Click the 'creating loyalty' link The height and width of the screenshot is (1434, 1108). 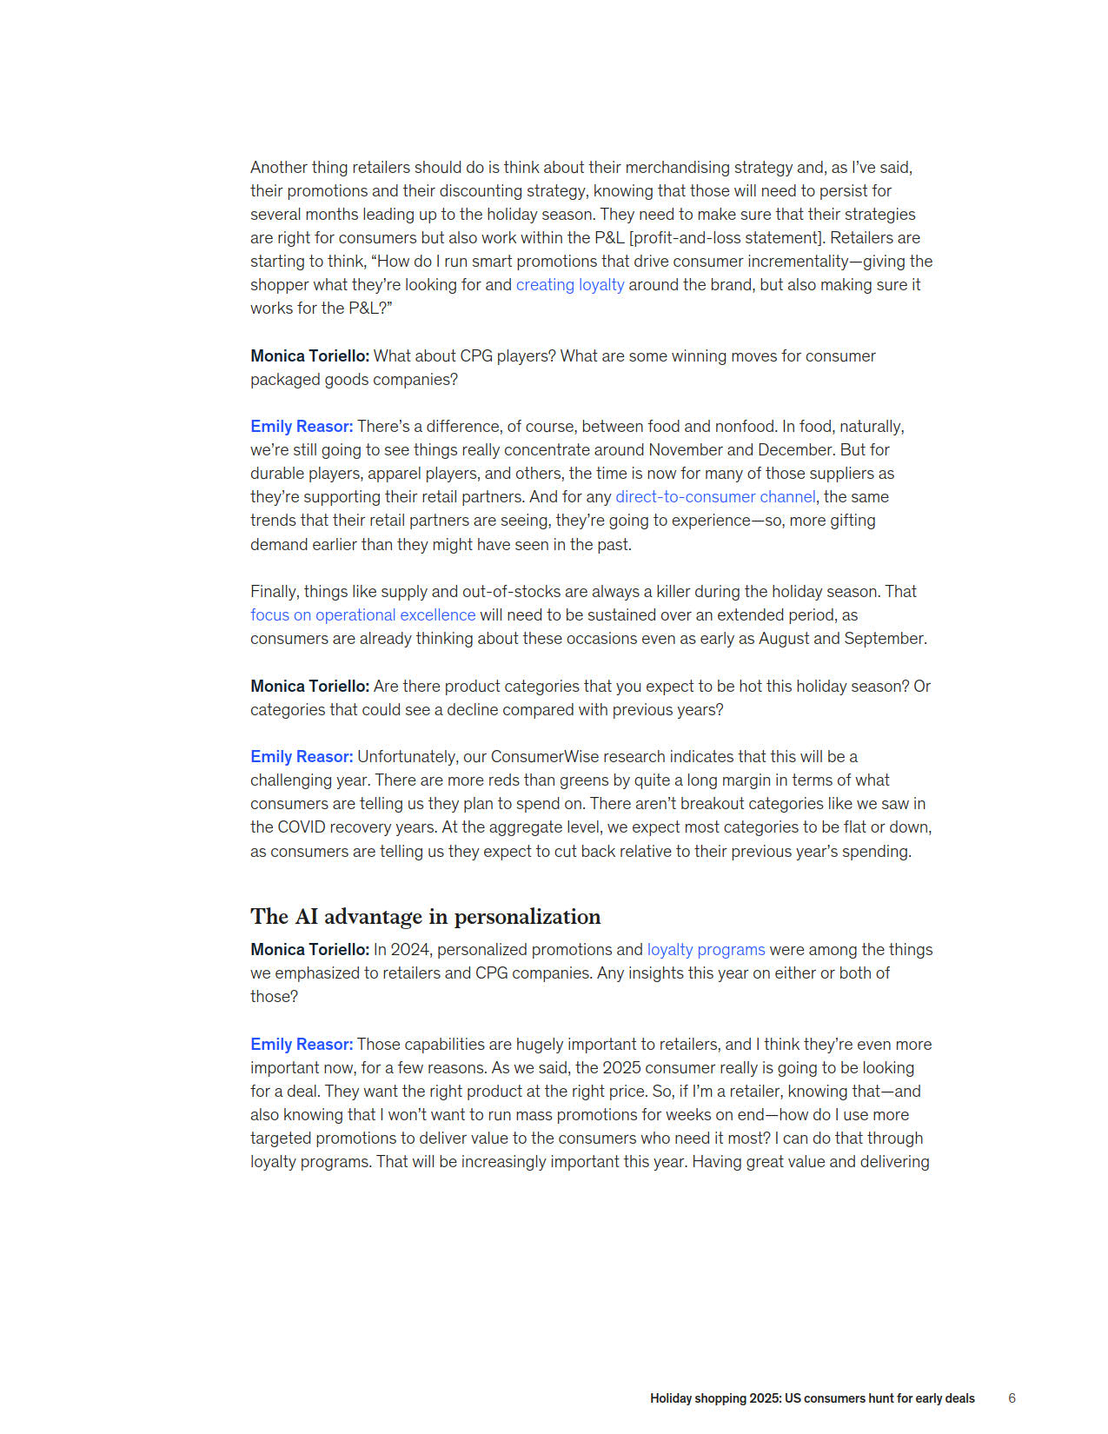point(570,285)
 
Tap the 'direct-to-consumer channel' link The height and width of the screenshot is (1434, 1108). point(715,497)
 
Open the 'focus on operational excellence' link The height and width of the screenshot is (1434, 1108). point(362,615)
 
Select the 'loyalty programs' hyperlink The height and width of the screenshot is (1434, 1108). point(706,950)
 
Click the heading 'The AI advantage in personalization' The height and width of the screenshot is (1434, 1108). point(425,917)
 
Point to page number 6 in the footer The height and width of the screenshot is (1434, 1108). point(1012,1398)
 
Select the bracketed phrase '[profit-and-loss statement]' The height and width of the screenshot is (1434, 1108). point(726,238)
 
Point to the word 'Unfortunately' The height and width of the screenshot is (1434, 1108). point(408,757)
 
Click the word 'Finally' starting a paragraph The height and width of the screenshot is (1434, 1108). point(274,592)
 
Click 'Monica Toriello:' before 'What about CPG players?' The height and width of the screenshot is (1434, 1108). point(309,356)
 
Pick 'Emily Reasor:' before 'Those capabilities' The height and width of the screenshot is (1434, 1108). point(302,1045)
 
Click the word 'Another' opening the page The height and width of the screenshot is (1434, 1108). point(277,168)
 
